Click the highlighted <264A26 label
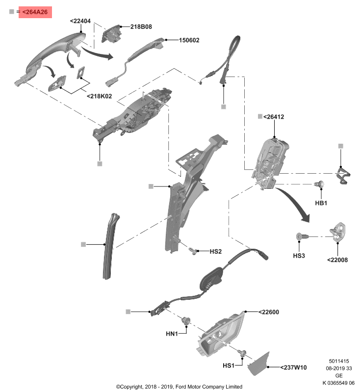(x=35, y=12)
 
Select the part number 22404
(x=80, y=21)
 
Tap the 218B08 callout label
(x=141, y=27)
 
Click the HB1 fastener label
(x=321, y=203)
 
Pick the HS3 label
(x=299, y=256)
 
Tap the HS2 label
(x=216, y=252)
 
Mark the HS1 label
(x=229, y=366)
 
